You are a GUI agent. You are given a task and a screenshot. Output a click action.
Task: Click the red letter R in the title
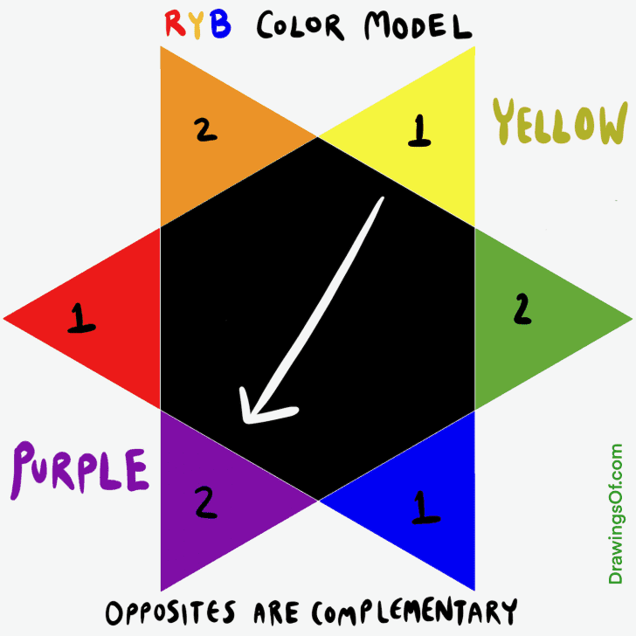(173, 26)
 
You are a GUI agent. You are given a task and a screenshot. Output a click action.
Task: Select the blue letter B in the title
(221, 26)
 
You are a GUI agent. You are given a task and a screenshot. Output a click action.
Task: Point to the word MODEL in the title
(411, 26)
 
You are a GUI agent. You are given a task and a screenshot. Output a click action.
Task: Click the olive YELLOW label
(559, 122)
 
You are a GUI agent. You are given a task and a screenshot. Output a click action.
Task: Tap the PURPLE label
(79, 470)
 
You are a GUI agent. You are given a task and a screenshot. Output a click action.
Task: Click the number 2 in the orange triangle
(204, 129)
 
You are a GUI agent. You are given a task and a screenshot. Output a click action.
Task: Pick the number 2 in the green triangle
(522, 308)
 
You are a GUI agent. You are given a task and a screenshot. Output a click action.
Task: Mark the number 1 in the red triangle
(81, 319)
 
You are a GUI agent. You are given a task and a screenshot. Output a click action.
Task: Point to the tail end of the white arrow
(381, 201)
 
